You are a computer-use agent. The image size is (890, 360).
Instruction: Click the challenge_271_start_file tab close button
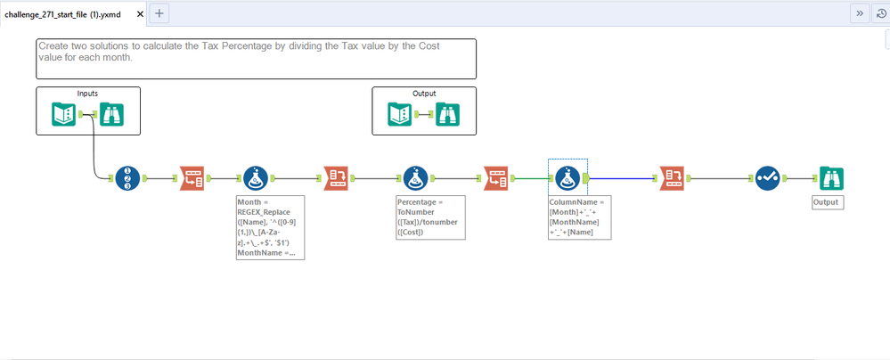click(140, 14)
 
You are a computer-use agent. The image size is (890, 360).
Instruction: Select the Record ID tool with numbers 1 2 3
click(127, 178)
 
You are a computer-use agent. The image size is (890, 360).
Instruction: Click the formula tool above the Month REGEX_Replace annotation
click(256, 178)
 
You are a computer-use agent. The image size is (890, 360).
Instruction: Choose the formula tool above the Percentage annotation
click(416, 178)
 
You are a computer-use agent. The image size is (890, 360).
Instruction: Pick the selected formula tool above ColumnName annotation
click(567, 178)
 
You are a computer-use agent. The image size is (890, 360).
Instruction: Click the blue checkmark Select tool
click(767, 178)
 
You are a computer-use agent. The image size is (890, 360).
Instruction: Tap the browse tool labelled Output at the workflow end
click(831, 178)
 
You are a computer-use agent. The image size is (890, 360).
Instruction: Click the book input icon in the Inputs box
click(63, 114)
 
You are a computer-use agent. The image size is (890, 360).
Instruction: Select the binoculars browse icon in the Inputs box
click(112, 114)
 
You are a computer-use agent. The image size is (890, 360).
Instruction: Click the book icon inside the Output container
click(400, 114)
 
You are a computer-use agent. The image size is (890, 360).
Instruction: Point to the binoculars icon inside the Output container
click(448, 114)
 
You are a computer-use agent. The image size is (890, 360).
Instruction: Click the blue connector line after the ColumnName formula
click(622, 178)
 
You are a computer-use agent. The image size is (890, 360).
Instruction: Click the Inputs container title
click(88, 94)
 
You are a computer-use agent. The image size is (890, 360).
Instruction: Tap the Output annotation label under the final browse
click(829, 202)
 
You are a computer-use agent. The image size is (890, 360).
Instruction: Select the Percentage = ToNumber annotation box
click(431, 217)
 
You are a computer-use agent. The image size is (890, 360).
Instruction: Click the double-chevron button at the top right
click(860, 13)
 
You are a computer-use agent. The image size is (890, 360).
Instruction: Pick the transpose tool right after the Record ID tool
click(192, 178)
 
